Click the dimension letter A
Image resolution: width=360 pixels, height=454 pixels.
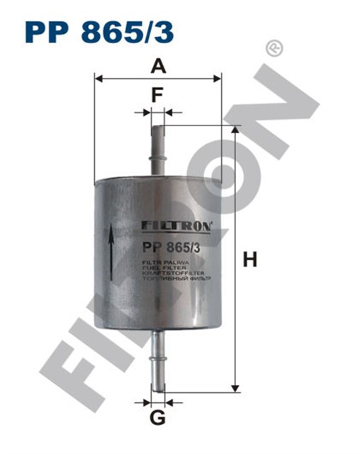pyautogui.click(x=159, y=67)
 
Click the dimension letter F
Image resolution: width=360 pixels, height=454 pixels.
pyautogui.click(x=158, y=94)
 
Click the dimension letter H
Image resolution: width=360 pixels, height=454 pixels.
pyautogui.click(x=249, y=260)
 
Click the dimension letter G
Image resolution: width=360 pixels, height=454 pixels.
pyautogui.click(x=159, y=419)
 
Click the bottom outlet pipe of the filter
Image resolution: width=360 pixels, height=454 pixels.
pyautogui.click(x=159, y=362)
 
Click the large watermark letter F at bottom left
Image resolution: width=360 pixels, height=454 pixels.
pyautogui.click(x=85, y=383)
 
